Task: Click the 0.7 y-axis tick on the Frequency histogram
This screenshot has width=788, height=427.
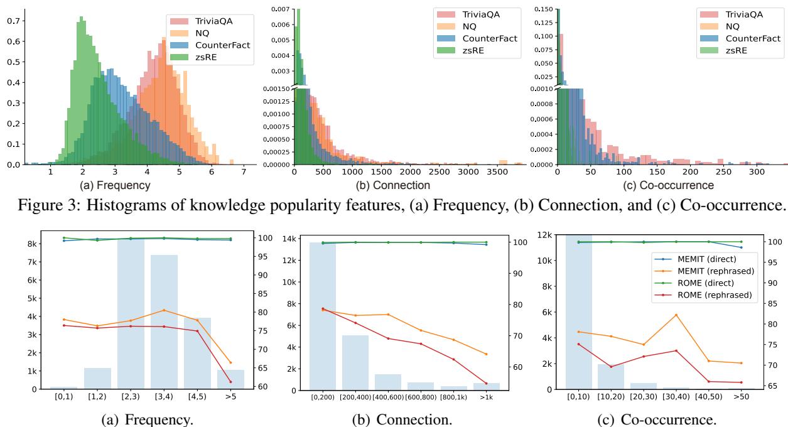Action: pyautogui.click(x=12, y=20)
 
